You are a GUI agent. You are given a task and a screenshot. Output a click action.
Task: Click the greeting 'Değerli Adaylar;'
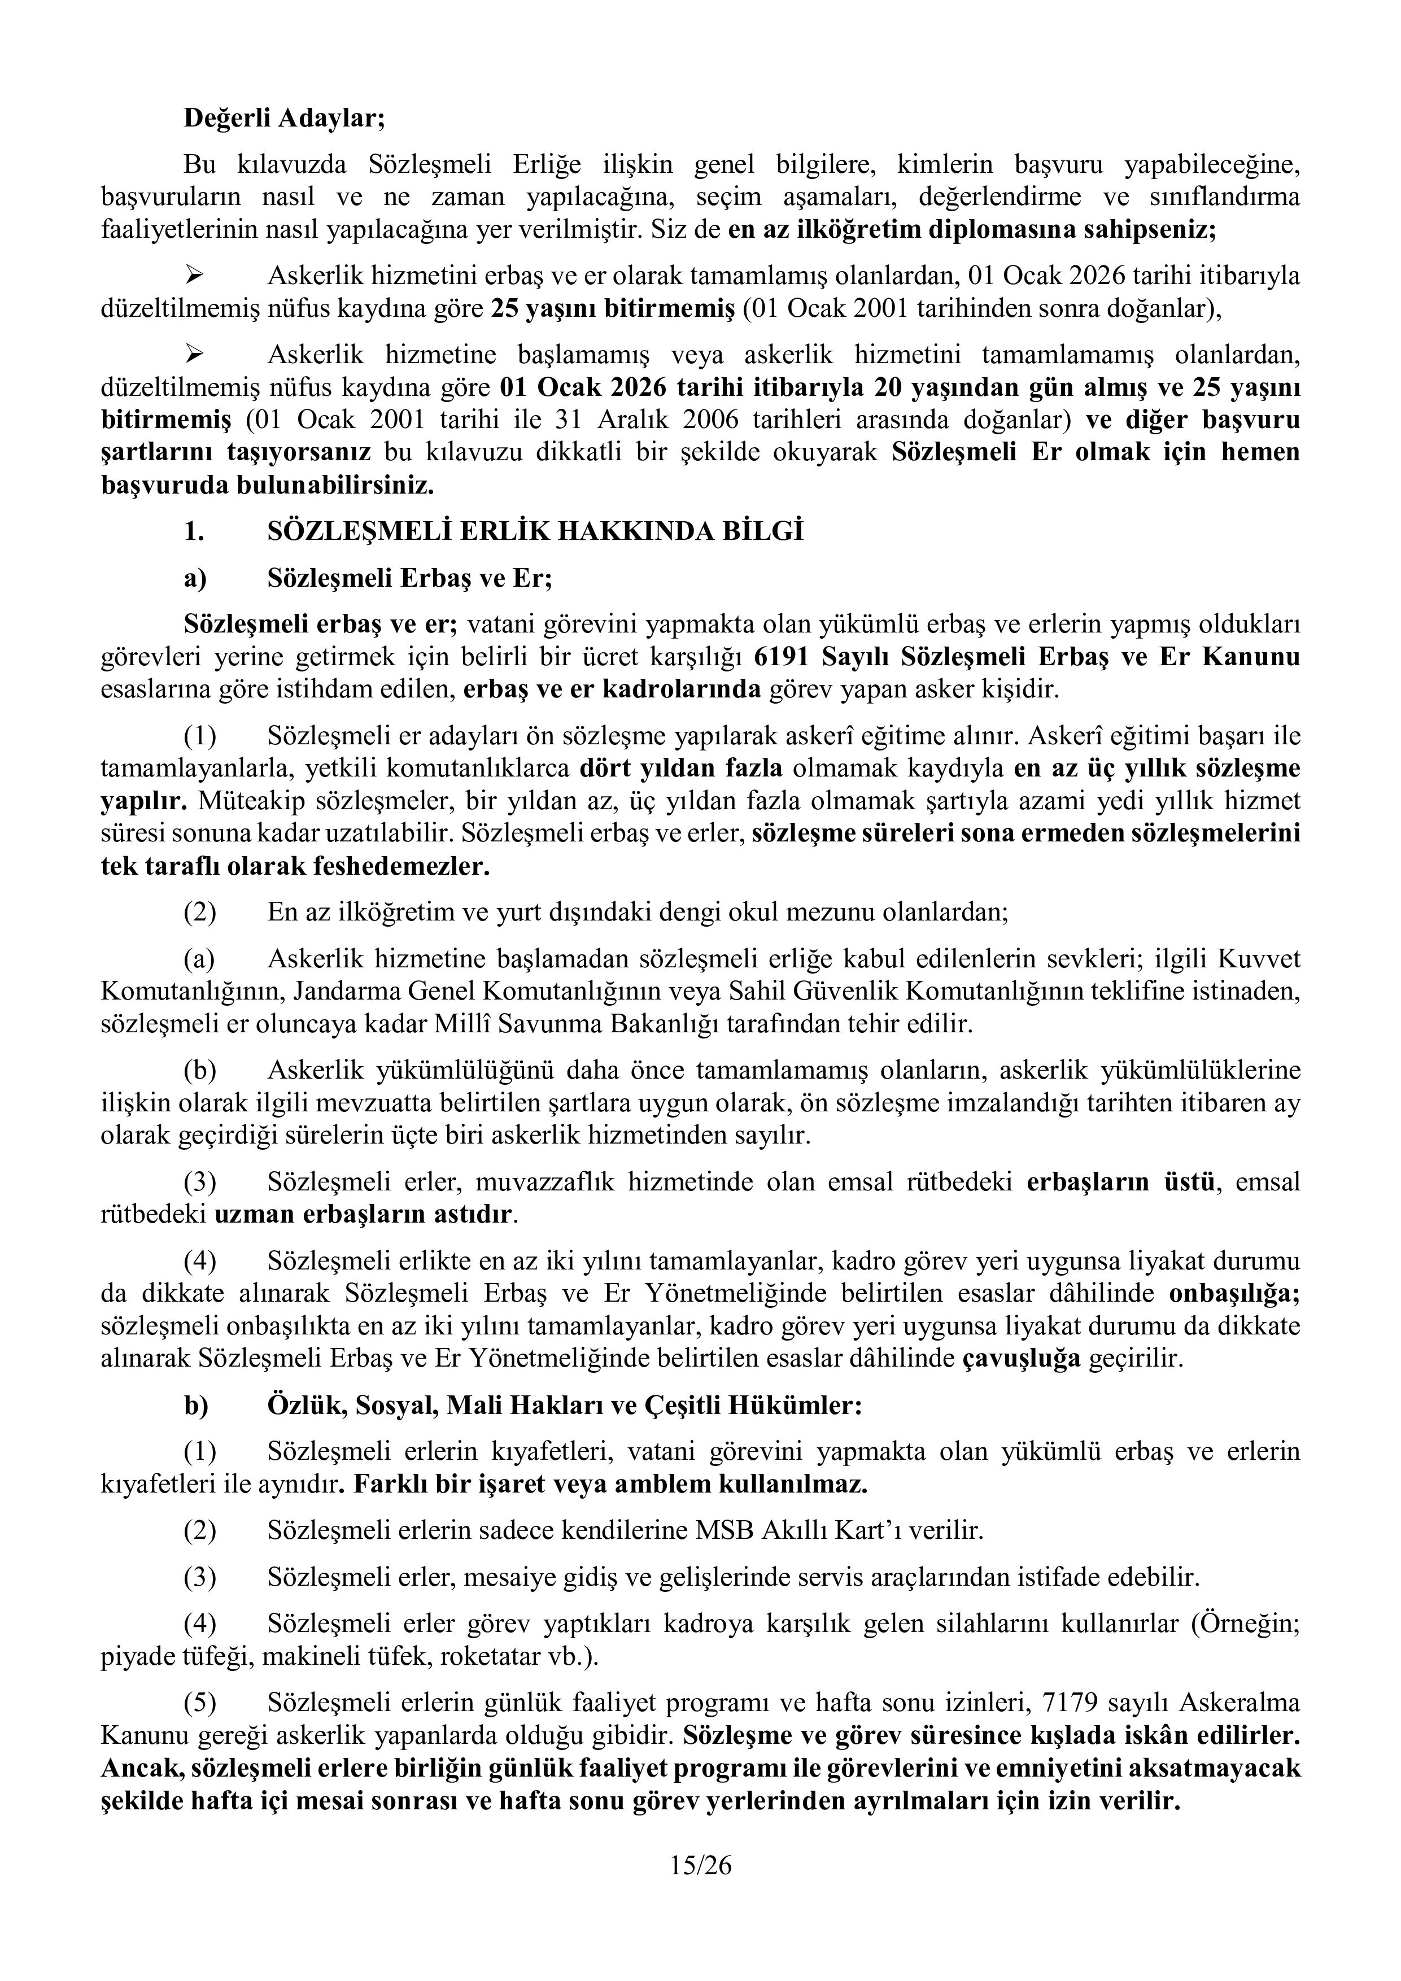point(284,117)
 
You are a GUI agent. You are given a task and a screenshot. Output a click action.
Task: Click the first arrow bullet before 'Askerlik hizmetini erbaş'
point(195,275)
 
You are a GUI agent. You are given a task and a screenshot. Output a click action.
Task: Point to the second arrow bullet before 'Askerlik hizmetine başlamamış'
point(195,354)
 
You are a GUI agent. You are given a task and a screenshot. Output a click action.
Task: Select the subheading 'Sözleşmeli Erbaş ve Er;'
point(409,577)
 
